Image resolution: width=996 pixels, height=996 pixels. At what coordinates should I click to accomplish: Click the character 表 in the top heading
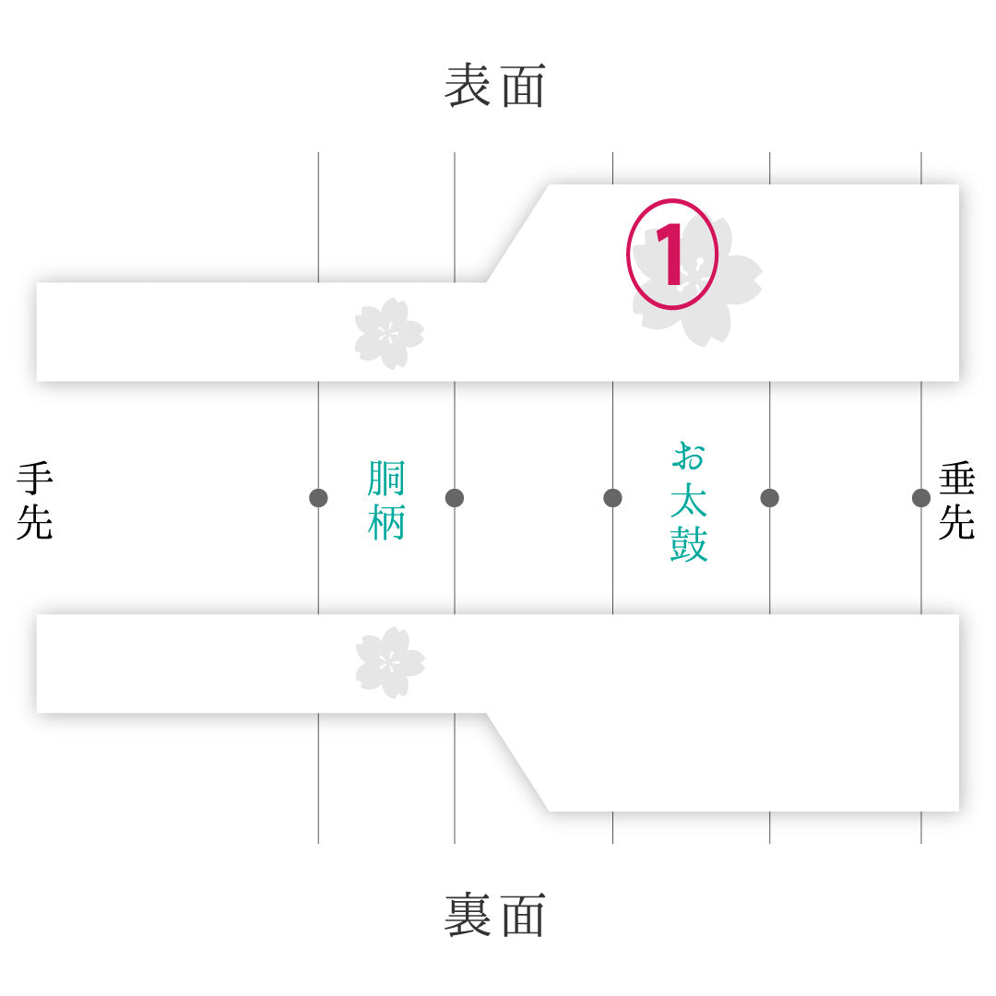(x=468, y=85)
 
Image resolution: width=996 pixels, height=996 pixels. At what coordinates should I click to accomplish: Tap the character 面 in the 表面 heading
(x=524, y=85)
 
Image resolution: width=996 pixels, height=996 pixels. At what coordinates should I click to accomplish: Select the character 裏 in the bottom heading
(x=468, y=915)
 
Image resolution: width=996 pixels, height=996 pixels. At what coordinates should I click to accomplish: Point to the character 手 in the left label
(x=35, y=479)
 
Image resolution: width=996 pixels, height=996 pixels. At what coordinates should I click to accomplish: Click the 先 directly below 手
(x=35, y=522)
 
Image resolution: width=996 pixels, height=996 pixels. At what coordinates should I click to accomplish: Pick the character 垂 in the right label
(x=956, y=479)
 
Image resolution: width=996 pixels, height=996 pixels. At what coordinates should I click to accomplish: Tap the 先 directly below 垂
(x=956, y=522)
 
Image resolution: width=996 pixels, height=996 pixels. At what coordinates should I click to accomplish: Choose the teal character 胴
(x=386, y=479)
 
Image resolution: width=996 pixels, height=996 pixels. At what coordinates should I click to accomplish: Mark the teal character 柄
(x=386, y=522)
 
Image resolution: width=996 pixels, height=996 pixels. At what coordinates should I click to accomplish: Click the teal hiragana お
(x=689, y=456)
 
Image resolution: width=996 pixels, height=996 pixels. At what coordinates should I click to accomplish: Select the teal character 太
(x=689, y=500)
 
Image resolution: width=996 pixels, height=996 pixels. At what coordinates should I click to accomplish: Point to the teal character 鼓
(x=689, y=544)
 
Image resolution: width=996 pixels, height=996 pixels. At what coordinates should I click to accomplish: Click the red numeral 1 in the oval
(x=670, y=255)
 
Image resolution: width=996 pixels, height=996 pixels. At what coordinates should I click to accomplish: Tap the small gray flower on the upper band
(x=389, y=334)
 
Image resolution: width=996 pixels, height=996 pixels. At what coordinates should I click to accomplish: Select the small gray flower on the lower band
(x=390, y=662)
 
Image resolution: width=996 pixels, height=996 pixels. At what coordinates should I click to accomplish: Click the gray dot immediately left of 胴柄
(x=318, y=498)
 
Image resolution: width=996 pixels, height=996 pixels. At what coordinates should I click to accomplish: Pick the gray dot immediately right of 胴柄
(x=454, y=498)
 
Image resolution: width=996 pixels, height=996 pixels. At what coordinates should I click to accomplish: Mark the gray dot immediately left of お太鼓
(x=612, y=498)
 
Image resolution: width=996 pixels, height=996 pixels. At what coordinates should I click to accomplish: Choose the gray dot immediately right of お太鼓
(x=769, y=498)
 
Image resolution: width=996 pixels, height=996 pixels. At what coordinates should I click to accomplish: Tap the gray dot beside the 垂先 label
(x=921, y=498)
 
